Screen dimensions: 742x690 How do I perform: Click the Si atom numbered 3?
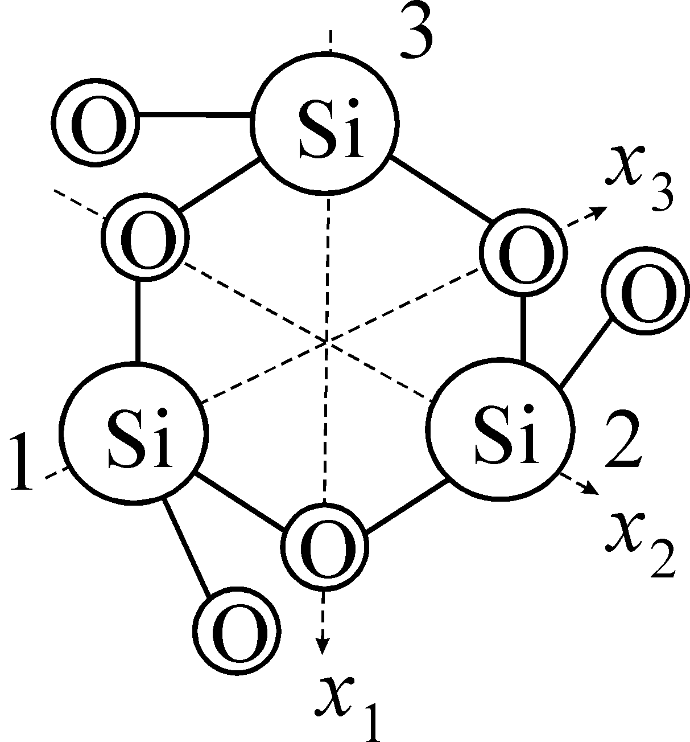point(325,124)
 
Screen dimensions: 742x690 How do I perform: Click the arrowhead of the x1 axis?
point(323,646)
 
